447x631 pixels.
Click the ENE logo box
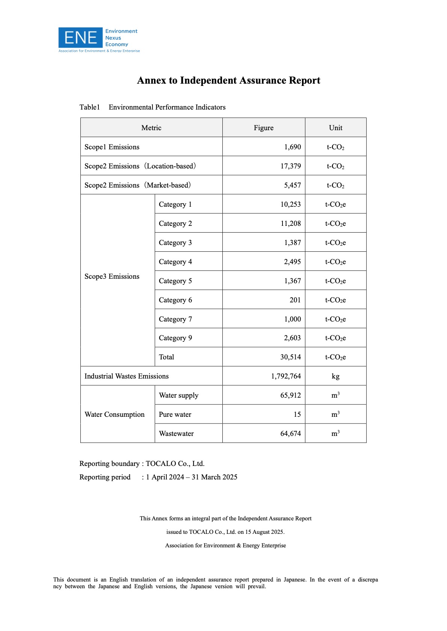(80, 38)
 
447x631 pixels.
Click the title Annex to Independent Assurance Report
(228, 81)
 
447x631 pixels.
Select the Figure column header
(263, 128)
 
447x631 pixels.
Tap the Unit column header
(335, 128)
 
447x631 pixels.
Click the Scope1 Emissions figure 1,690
(292, 147)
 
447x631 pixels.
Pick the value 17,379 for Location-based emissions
(290, 166)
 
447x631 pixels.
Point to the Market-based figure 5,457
(292, 185)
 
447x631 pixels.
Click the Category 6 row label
(175, 300)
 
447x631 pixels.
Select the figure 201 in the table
(295, 300)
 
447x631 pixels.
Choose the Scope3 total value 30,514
(290, 357)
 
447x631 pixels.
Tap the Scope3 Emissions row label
(112, 276)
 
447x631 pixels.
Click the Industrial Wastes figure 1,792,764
(286, 376)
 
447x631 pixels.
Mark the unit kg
(335, 376)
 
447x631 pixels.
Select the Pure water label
(175, 415)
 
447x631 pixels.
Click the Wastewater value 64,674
(290, 434)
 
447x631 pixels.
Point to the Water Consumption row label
(115, 415)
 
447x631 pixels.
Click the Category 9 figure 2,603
(292, 338)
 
